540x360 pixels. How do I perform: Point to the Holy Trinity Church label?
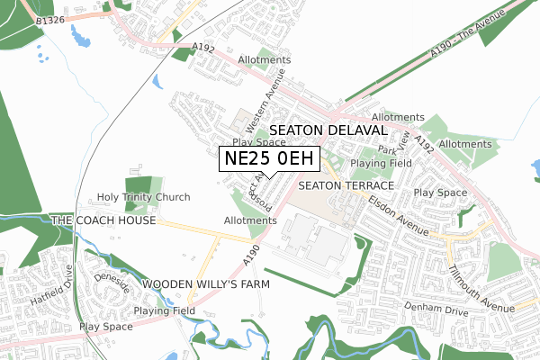[x=145, y=197]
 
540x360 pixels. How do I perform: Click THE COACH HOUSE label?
[x=103, y=220]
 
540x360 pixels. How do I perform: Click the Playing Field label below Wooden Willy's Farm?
[x=165, y=310]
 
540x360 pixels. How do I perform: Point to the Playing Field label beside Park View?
[x=382, y=163]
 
